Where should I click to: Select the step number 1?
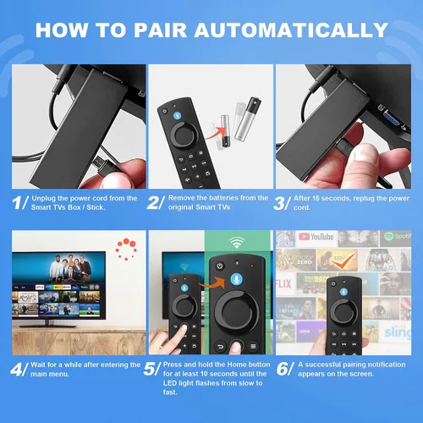(x=18, y=204)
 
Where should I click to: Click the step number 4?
(x=18, y=370)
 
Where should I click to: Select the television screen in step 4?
(x=58, y=285)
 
